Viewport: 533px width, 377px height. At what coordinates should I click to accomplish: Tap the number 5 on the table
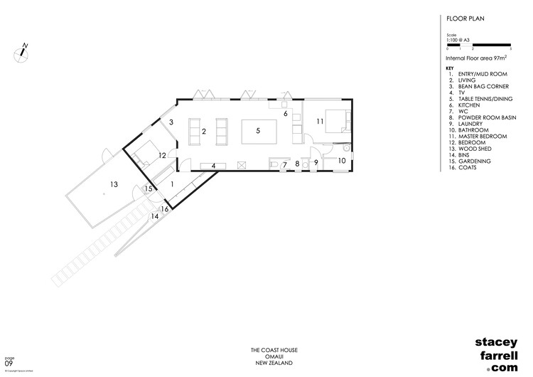pos(258,131)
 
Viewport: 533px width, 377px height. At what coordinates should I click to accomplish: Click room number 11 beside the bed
pos(320,122)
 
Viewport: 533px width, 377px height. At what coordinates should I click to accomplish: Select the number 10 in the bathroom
pos(341,161)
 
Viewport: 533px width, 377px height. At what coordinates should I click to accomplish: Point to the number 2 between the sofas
pos(204,132)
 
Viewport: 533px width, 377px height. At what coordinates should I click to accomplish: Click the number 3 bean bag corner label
pos(171,122)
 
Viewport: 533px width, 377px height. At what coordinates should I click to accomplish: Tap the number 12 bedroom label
pos(162,154)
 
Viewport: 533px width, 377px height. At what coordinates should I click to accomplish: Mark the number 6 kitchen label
pos(285,113)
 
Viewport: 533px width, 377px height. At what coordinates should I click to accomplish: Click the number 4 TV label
pos(212,166)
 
